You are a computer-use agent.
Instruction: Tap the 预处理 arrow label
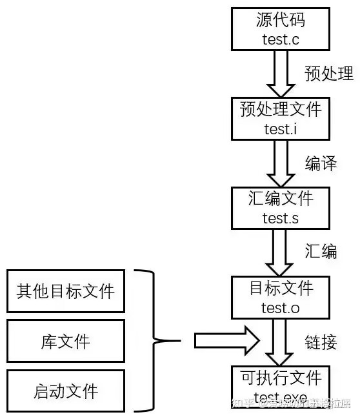[x=328, y=73]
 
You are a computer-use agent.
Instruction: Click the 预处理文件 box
[x=280, y=118]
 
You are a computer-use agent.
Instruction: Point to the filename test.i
[x=280, y=128]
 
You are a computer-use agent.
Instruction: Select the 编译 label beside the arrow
[x=321, y=163]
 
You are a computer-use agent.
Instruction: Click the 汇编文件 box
[x=280, y=208]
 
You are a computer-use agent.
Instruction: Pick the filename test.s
[x=280, y=218]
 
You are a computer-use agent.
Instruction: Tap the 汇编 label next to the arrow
[x=321, y=251]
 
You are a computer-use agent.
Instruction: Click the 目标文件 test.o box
[x=280, y=296]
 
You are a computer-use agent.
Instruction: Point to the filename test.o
[x=280, y=307]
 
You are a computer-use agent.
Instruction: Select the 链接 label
[x=321, y=342]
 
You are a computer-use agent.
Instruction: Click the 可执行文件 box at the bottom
[x=280, y=385]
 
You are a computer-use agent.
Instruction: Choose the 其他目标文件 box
[x=65, y=291]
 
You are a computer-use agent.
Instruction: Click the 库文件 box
[x=65, y=341]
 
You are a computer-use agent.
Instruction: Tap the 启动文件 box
[x=65, y=391]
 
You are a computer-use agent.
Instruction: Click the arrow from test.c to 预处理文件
[x=280, y=73]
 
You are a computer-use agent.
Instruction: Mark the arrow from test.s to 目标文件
[x=280, y=252]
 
